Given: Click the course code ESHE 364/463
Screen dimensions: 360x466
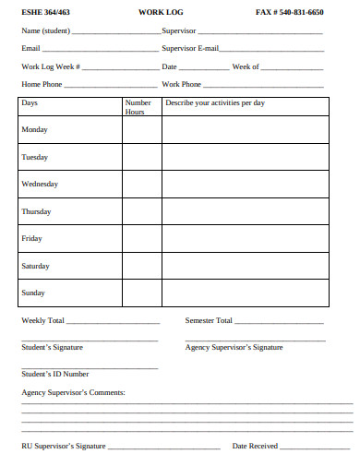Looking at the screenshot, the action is click(45, 12).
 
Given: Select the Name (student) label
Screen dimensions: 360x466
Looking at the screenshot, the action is click(46, 30).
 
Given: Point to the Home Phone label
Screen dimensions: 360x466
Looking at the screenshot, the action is click(42, 84).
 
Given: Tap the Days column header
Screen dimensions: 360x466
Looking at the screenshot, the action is click(30, 103).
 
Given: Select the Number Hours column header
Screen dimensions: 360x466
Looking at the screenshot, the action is click(138, 107).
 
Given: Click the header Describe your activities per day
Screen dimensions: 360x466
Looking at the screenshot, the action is click(214, 103).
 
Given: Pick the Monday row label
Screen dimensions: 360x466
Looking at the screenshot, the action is click(35, 130).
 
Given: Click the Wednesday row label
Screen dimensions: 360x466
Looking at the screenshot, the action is click(40, 185).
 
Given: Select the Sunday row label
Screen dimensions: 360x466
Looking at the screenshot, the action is click(33, 293).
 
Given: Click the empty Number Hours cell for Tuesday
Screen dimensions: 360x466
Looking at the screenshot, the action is click(141, 158).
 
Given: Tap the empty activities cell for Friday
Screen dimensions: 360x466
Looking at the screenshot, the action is click(246, 239).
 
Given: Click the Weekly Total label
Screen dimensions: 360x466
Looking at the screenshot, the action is click(42, 320).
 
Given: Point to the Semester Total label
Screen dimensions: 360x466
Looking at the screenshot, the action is click(209, 320).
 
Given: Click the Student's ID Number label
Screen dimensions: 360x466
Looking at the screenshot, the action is click(55, 374).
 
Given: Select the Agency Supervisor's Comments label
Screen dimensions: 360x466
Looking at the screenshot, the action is click(73, 392).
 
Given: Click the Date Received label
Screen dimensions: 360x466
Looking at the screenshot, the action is click(255, 446).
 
